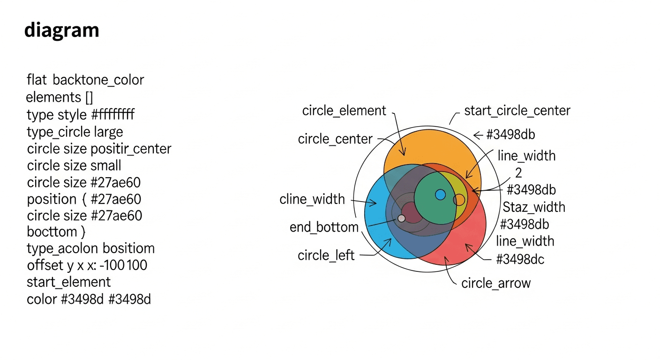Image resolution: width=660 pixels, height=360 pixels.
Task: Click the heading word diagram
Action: pos(61,30)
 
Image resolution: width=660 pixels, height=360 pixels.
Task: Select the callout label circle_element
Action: pos(344,111)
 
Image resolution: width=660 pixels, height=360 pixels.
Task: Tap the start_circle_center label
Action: pos(517,111)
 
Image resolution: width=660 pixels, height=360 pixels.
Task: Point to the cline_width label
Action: pos(312,199)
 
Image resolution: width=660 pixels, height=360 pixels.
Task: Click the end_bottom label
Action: pos(324,227)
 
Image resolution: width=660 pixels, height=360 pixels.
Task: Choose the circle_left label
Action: pos(326,255)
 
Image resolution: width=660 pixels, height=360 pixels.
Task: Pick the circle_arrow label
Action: pos(496,283)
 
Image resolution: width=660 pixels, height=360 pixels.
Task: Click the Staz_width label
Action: pos(534,207)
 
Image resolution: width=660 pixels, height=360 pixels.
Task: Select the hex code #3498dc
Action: pos(520,259)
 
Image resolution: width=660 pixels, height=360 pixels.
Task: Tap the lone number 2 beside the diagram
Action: pos(518,173)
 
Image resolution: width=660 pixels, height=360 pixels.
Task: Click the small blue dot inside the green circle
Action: pos(440,195)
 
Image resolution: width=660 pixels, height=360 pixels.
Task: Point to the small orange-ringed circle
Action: pos(459,200)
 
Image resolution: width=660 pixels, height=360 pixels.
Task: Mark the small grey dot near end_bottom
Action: pos(401,218)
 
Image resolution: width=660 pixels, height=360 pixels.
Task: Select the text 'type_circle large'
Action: pos(75,132)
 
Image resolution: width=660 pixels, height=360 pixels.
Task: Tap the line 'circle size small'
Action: pos(74,165)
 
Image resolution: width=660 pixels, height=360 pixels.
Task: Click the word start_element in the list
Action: pos(69,282)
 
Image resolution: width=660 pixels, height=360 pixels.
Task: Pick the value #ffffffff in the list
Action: pos(113,114)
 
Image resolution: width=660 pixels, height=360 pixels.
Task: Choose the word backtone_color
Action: pos(98,80)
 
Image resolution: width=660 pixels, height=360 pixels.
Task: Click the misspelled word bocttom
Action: pos(52,232)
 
